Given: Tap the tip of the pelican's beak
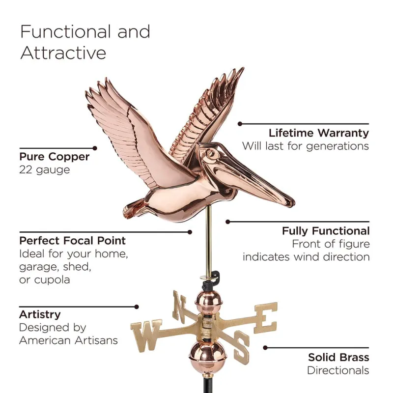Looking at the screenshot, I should [x=291, y=201].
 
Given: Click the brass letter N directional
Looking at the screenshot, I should [x=179, y=306].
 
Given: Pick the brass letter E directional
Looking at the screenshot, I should [x=265, y=317].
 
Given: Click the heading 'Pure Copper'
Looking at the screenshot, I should [x=55, y=157].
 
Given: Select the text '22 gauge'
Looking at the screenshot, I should [x=45, y=170].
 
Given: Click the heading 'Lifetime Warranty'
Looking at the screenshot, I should [x=318, y=133].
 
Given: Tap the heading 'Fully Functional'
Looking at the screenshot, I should [x=325, y=230].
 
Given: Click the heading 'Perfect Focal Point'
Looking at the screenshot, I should [x=73, y=241].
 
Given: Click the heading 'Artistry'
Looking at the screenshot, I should [x=40, y=314].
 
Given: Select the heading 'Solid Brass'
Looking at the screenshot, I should [x=338, y=357].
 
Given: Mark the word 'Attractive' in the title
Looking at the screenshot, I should [x=63, y=53].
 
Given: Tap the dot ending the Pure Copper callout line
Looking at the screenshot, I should [x=95, y=147].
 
